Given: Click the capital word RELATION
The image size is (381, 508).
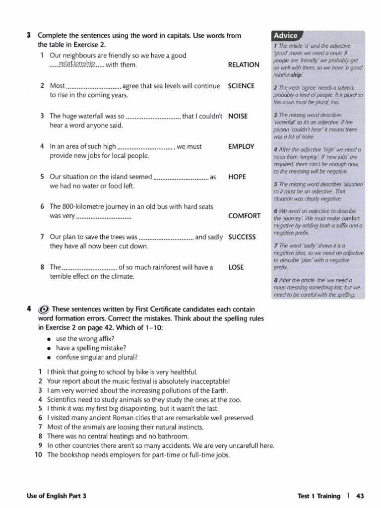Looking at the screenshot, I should click(x=243, y=64).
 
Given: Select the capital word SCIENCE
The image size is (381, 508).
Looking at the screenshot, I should click(x=241, y=86).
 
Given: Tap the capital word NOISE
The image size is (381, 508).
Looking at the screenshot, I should click(x=238, y=116).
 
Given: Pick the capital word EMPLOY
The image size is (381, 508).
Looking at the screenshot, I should click(x=241, y=146).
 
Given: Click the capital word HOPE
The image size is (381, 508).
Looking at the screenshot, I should click(x=237, y=177).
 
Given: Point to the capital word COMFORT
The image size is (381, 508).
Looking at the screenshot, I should click(x=244, y=216).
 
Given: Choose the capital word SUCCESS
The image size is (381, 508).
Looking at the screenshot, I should click(x=242, y=237).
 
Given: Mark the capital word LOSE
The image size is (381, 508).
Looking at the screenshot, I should click(x=236, y=267).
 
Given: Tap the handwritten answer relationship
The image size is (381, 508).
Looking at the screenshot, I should click(x=76, y=63).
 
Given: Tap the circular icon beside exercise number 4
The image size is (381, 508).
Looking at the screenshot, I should click(x=44, y=309).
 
